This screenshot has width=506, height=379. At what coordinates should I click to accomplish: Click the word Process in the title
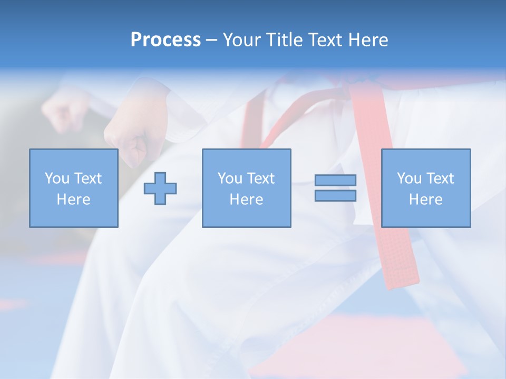pyautogui.click(x=166, y=40)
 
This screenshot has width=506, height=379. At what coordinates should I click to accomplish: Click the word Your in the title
pyautogui.click(x=242, y=40)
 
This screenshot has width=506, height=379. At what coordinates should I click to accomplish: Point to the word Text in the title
pyautogui.click(x=325, y=40)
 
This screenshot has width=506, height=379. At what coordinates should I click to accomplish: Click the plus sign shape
pyautogui.click(x=160, y=188)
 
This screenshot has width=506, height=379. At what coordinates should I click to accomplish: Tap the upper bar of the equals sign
pyautogui.click(x=335, y=180)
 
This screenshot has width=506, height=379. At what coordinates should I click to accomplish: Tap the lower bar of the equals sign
pyautogui.click(x=335, y=195)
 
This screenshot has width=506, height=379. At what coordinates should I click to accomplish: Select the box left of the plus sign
pyautogui.click(x=73, y=188)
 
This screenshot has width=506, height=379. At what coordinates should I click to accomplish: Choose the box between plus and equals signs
pyautogui.click(x=246, y=188)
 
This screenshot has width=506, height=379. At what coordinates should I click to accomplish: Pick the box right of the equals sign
pyautogui.click(x=425, y=188)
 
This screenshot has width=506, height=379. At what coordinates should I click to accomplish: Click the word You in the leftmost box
pyautogui.click(x=56, y=178)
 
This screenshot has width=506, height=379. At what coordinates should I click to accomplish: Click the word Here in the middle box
pyautogui.click(x=246, y=200)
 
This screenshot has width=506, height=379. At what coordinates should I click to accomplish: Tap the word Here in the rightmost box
pyautogui.click(x=425, y=200)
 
